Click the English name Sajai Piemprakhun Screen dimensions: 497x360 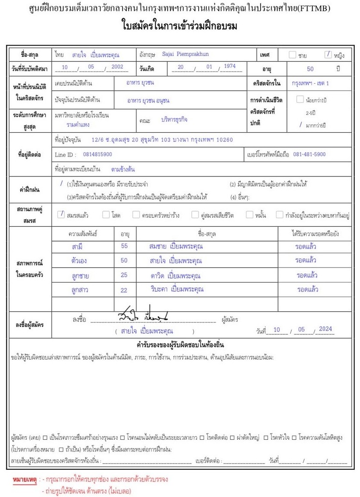185,55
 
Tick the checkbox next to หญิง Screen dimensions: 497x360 328,55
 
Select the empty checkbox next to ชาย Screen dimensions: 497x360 293,55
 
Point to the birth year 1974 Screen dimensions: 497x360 227,66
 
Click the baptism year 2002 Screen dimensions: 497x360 117,67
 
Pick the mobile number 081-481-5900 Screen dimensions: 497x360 309,154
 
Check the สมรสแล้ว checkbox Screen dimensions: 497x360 61,214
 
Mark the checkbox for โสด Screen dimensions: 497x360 106,214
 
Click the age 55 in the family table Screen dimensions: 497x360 124,246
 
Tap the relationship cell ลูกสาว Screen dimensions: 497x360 78,290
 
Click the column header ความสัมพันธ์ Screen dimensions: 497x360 83,234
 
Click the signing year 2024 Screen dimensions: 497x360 325,329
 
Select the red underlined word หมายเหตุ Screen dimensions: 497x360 24,480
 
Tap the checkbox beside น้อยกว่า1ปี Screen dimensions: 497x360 300,100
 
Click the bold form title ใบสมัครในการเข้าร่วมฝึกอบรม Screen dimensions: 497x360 180,26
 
